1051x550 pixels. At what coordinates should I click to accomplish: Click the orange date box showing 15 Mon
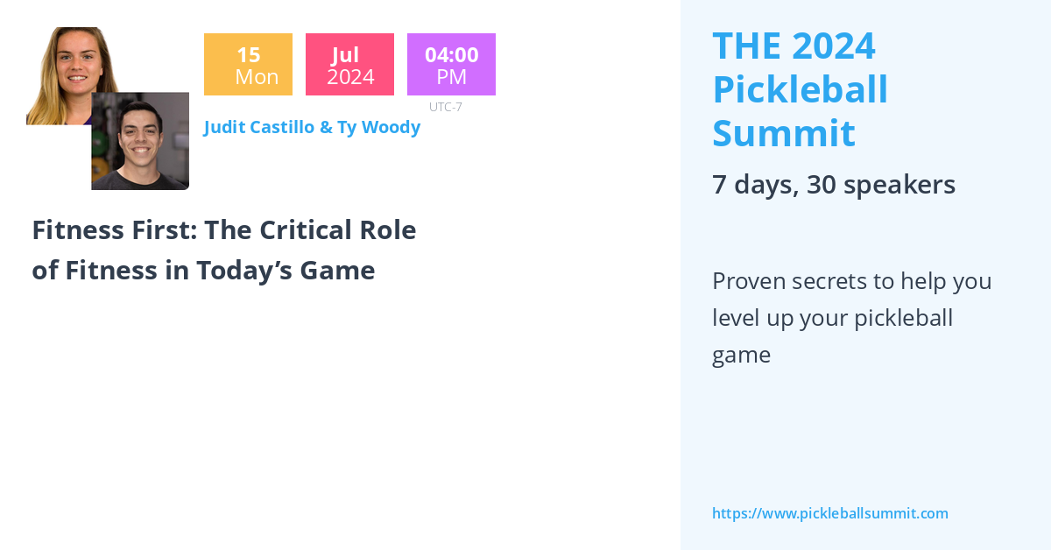click(x=248, y=64)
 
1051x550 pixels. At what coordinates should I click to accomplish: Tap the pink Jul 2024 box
click(x=349, y=64)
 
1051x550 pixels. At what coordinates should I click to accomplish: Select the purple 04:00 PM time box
click(x=451, y=64)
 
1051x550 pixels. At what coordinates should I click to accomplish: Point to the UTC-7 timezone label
click(x=445, y=107)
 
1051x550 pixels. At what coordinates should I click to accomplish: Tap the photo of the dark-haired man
click(x=140, y=141)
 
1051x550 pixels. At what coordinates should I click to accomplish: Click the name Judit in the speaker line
click(x=225, y=128)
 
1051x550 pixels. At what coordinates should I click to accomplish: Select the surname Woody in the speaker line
click(x=391, y=128)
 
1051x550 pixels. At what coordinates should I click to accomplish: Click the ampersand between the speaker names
click(x=326, y=128)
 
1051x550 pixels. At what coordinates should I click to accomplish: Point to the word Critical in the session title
click(x=306, y=230)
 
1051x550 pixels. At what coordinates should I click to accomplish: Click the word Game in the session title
click(x=337, y=271)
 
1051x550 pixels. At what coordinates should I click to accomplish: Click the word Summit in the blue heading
click(x=784, y=133)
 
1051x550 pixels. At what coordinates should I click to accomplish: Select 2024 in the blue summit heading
click(x=834, y=46)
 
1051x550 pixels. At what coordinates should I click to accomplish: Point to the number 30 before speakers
click(x=822, y=185)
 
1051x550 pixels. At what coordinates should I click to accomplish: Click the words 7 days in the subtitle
click(x=755, y=185)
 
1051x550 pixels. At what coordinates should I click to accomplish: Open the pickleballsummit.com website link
click(x=830, y=513)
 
